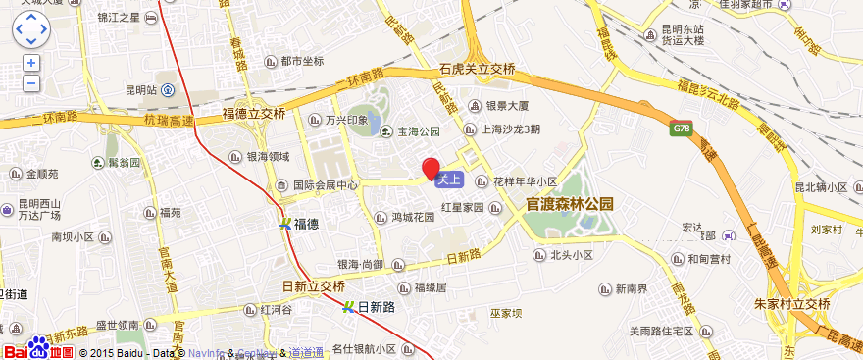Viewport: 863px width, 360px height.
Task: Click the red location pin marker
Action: pyautogui.click(x=431, y=168)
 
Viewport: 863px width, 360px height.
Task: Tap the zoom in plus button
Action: pyautogui.click(x=31, y=63)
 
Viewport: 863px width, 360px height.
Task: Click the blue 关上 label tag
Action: pyautogui.click(x=448, y=180)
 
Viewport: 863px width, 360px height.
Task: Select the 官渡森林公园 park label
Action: pyautogui.click(x=570, y=205)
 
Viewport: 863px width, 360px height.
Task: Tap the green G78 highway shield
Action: pyautogui.click(x=683, y=128)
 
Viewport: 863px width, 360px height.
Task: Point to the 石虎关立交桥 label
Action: pyautogui.click(x=478, y=69)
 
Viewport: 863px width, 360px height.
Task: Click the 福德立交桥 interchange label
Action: pyautogui.click(x=254, y=114)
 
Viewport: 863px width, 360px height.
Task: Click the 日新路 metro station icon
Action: pyautogui.click(x=350, y=307)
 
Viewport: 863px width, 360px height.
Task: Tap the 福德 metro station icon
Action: pyautogui.click(x=285, y=224)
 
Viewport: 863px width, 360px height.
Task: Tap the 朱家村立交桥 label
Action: pyautogui.click(x=793, y=304)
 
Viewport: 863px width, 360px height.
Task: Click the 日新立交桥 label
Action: pyautogui.click(x=313, y=286)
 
